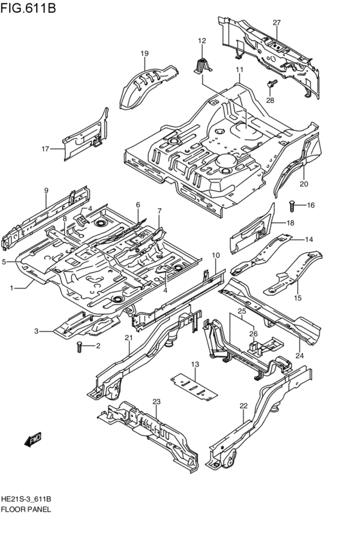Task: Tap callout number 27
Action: [x=276, y=23]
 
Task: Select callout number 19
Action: [x=145, y=53]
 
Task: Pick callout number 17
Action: [x=46, y=149]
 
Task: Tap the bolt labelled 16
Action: [x=292, y=206]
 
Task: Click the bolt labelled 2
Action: [x=80, y=348]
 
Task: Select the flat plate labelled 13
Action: [x=192, y=383]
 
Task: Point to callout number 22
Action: [x=243, y=406]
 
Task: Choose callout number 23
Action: [x=156, y=402]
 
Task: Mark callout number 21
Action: [x=129, y=338]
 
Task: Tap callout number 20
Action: [x=304, y=183]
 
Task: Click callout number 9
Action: [x=46, y=190]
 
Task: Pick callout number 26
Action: [x=253, y=334]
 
